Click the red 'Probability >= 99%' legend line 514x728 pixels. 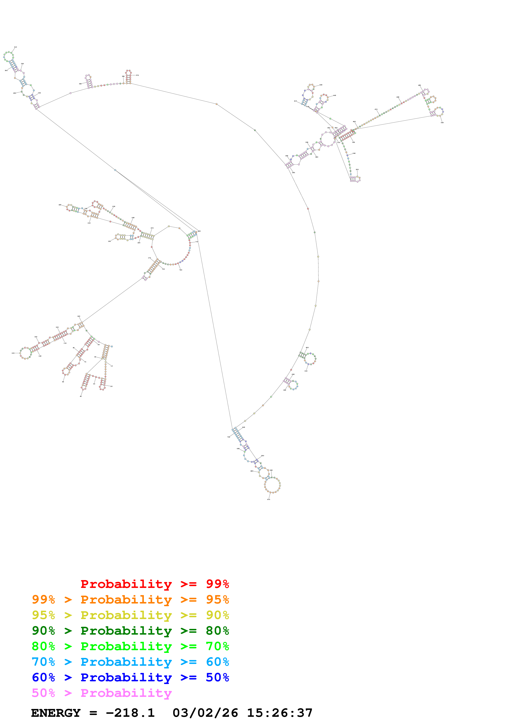[x=154, y=584]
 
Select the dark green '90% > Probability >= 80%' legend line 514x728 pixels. [x=130, y=631]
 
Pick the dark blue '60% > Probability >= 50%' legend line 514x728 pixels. [x=130, y=677]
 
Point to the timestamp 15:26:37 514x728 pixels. [x=280, y=713]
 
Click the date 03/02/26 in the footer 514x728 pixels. [x=205, y=713]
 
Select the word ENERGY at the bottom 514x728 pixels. [x=56, y=713]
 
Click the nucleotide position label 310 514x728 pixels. [x=16, y=47]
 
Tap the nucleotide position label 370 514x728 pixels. [x=137, y=75]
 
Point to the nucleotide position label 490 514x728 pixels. [x=420, y=85]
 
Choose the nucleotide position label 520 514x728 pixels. [x=442, y=122]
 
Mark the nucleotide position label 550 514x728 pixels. [x=357, y=170]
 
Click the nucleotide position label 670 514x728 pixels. [x=269, y=499]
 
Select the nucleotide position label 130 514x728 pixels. [x=13, y=353]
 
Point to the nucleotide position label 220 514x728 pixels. [x=60, y=205]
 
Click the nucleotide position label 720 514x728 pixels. [x=181, y=270]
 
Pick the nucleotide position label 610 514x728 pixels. [x=306, y=371]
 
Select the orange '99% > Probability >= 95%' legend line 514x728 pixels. [x=130, y=600]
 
